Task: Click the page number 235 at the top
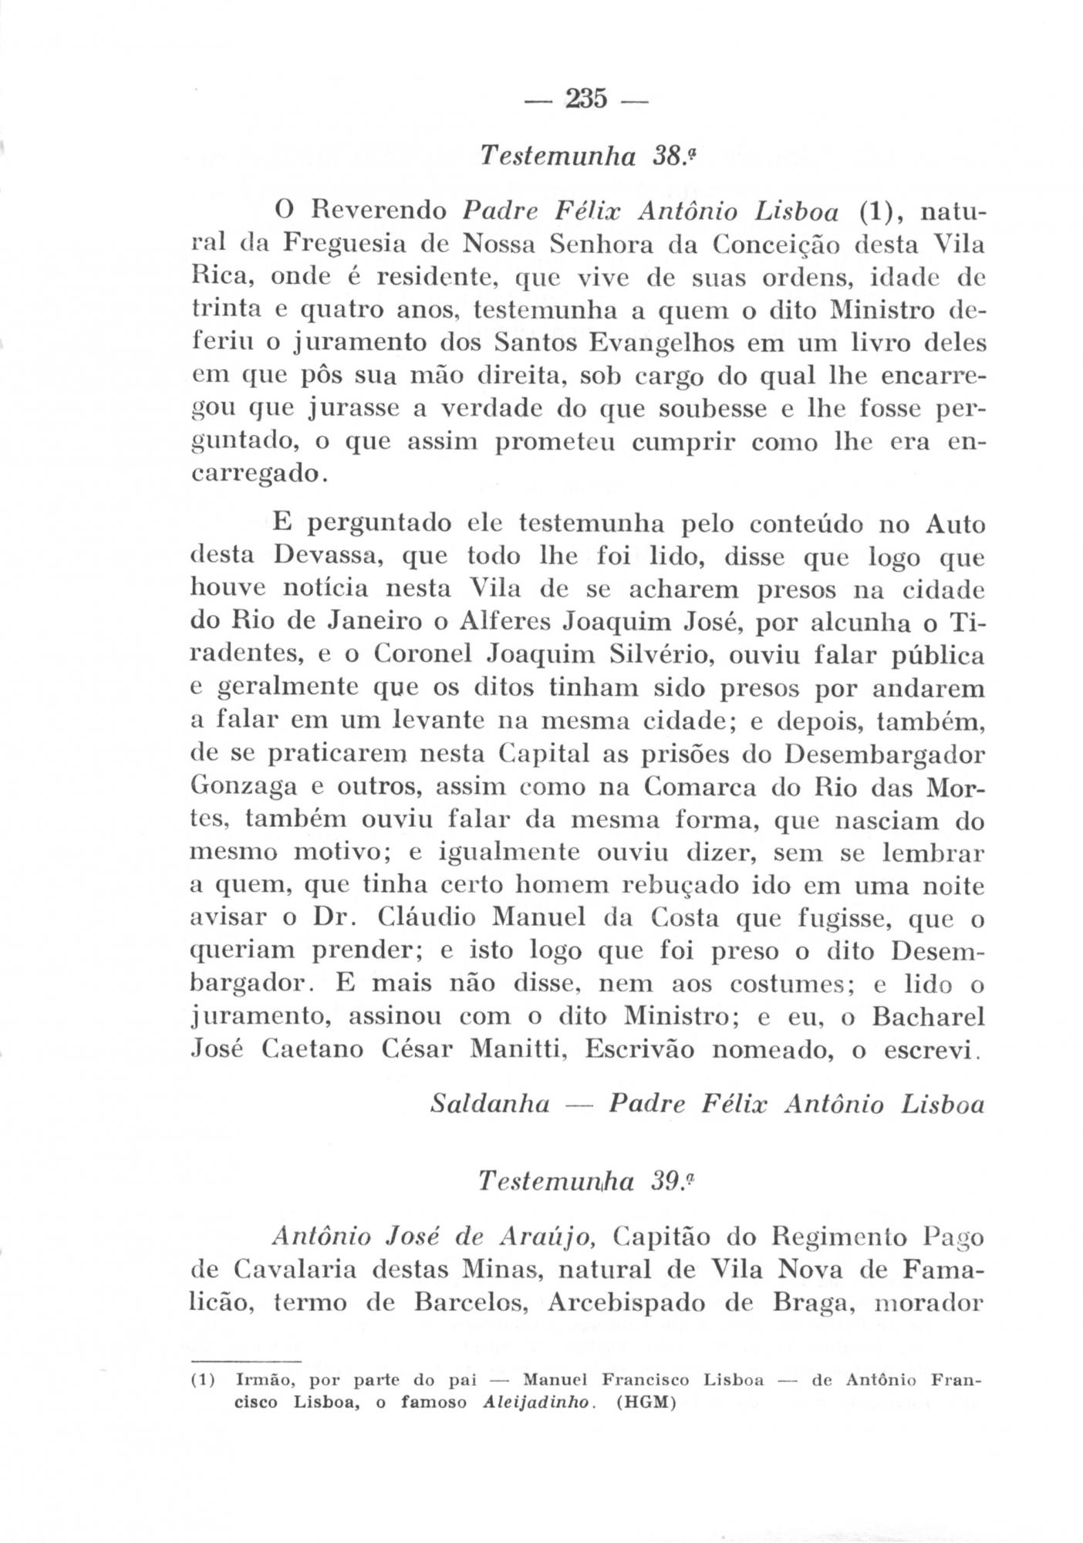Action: tap(586, 99)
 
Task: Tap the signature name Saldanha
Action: tap(489, 1105)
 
